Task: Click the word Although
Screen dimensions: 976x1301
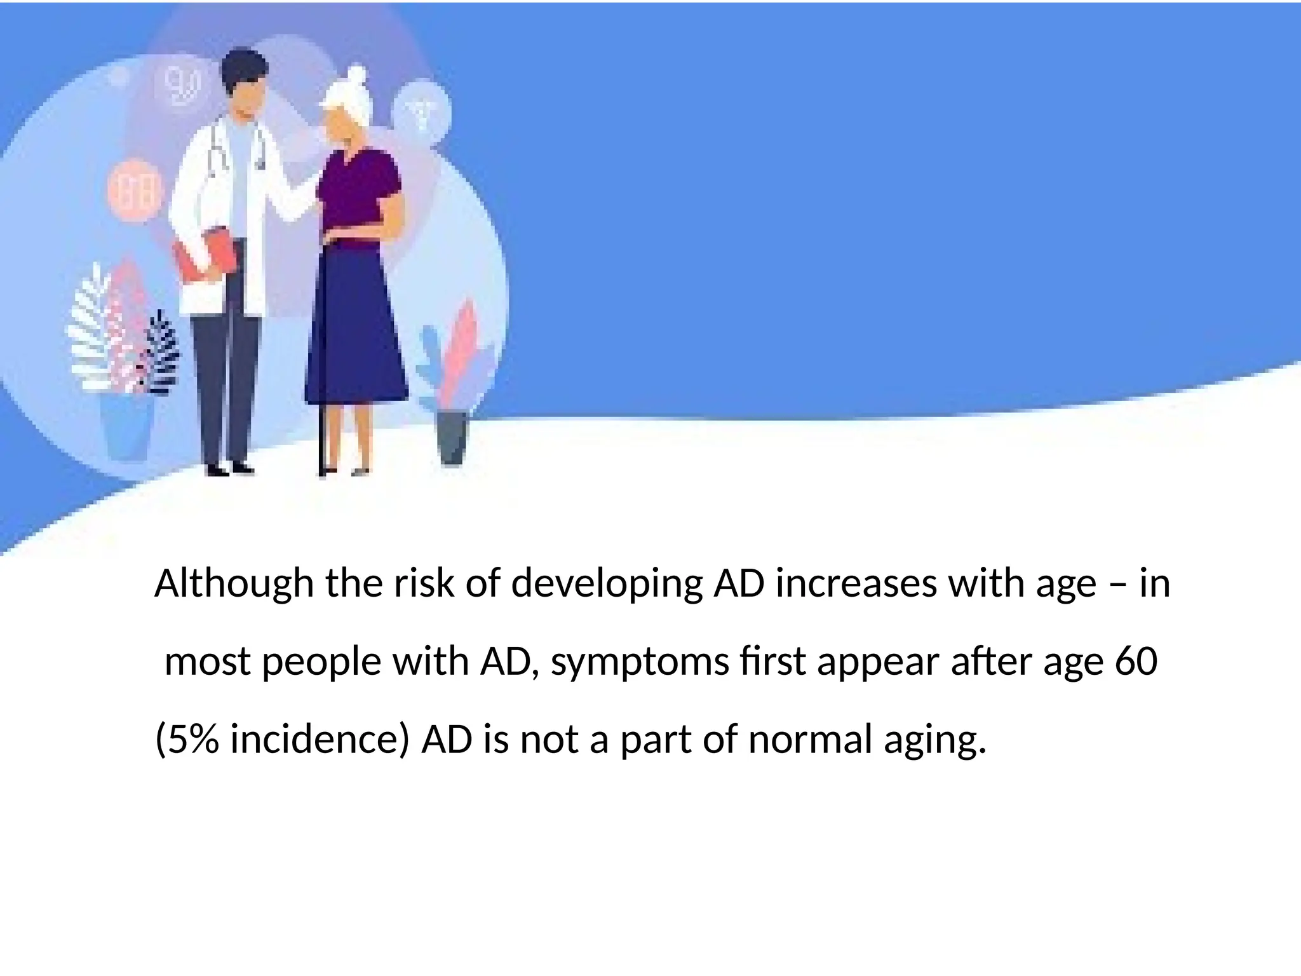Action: pyautogui.click(x=234, y=584)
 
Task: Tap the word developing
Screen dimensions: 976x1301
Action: pyautogui.click(x=607, y=584)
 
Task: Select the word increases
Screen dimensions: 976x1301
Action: pyautogui.click(x=856, y=583)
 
